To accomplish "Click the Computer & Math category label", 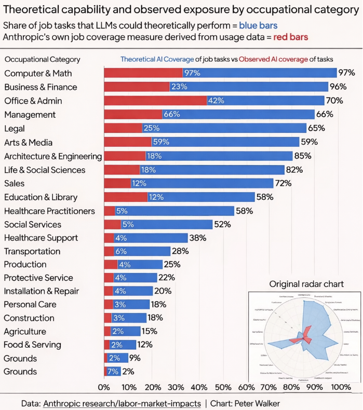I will click(x=38, y=73).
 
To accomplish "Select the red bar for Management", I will click(x=133, y=114).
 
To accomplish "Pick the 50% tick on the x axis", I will click(x=222, y=387).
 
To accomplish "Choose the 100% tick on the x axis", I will click(x=341, y=387).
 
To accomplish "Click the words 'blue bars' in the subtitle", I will click(x=258, y=25).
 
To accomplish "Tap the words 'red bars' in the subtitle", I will click(x=290, y=37).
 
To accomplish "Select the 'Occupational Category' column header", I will click(x=43, y=60).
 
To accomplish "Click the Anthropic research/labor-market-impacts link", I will click(x=122, y=403).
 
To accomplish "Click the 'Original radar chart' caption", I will click(x=306, y=284).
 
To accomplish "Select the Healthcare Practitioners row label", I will click(x=49, y=211).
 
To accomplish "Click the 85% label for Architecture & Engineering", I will click(x=302, y=156).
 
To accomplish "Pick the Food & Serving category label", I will click(x=32, y=345).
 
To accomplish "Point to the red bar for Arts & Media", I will click(x=128, y=142).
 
